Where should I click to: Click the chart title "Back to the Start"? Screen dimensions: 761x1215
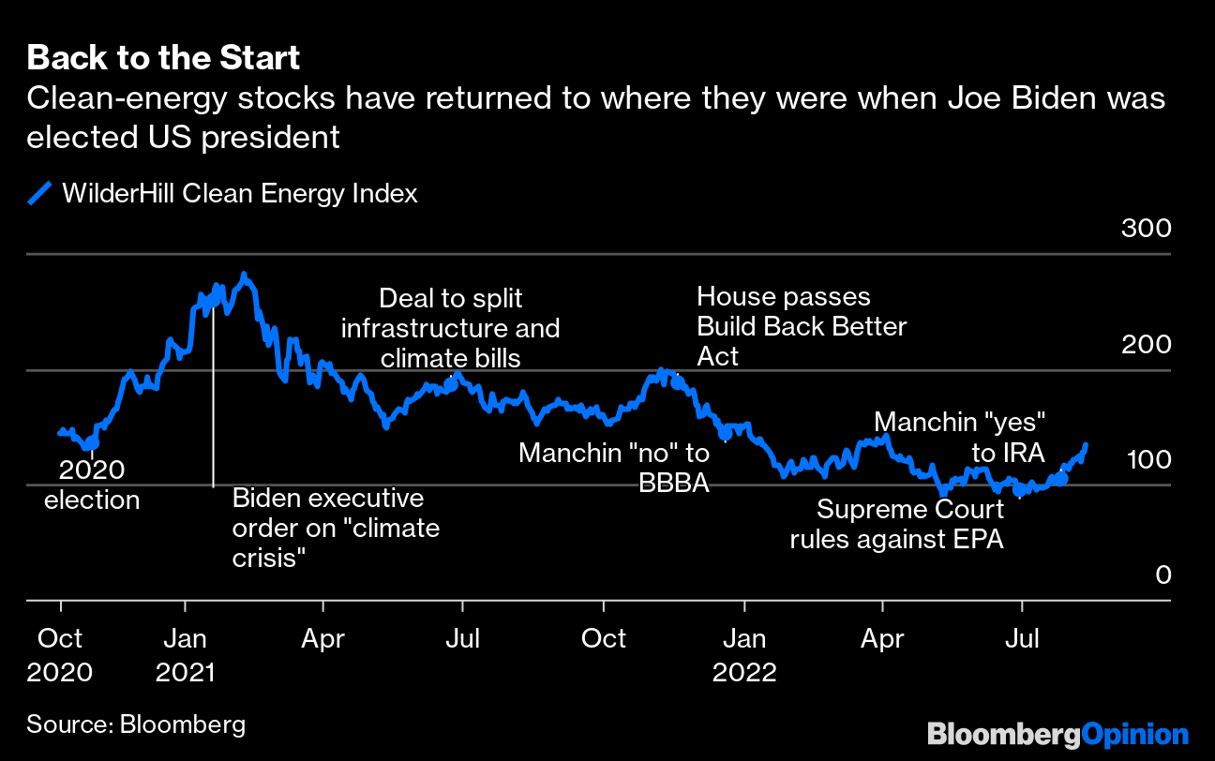(x=163, y=58)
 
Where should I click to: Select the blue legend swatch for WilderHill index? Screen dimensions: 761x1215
(x=39, y=194)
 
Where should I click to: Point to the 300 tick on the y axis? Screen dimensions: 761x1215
(x=1147, y=229)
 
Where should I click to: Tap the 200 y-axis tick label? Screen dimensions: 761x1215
(x=1147, y=344)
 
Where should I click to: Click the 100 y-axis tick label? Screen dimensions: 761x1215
(x=1147, y=459)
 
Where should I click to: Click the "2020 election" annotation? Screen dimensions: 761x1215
(x=92, y=484)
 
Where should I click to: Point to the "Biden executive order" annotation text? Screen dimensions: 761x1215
(x=336, y=528)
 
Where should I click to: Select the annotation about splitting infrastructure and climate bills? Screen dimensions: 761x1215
(x=450, y=328)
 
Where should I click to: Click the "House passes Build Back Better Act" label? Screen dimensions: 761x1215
(x=802, y=326)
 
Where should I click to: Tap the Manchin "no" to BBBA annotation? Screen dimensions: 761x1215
(x=614, y=468)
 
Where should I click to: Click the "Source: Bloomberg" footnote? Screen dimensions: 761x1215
(x=136, y=724)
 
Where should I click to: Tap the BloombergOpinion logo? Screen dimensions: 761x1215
(x=1057, y=734)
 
